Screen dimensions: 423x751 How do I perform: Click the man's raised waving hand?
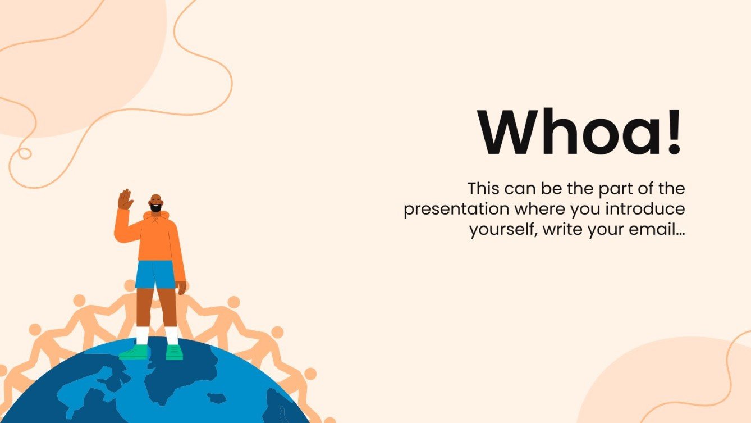[125, 199]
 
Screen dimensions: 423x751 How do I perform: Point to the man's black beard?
[156, 208]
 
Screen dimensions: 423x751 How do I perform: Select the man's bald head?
[156, 198]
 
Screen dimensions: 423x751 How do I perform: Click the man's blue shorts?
[155, 274]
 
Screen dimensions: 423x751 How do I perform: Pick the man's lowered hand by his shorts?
[181, 287]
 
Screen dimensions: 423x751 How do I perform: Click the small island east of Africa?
[216, 398]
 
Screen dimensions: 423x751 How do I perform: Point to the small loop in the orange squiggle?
[24, 153]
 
